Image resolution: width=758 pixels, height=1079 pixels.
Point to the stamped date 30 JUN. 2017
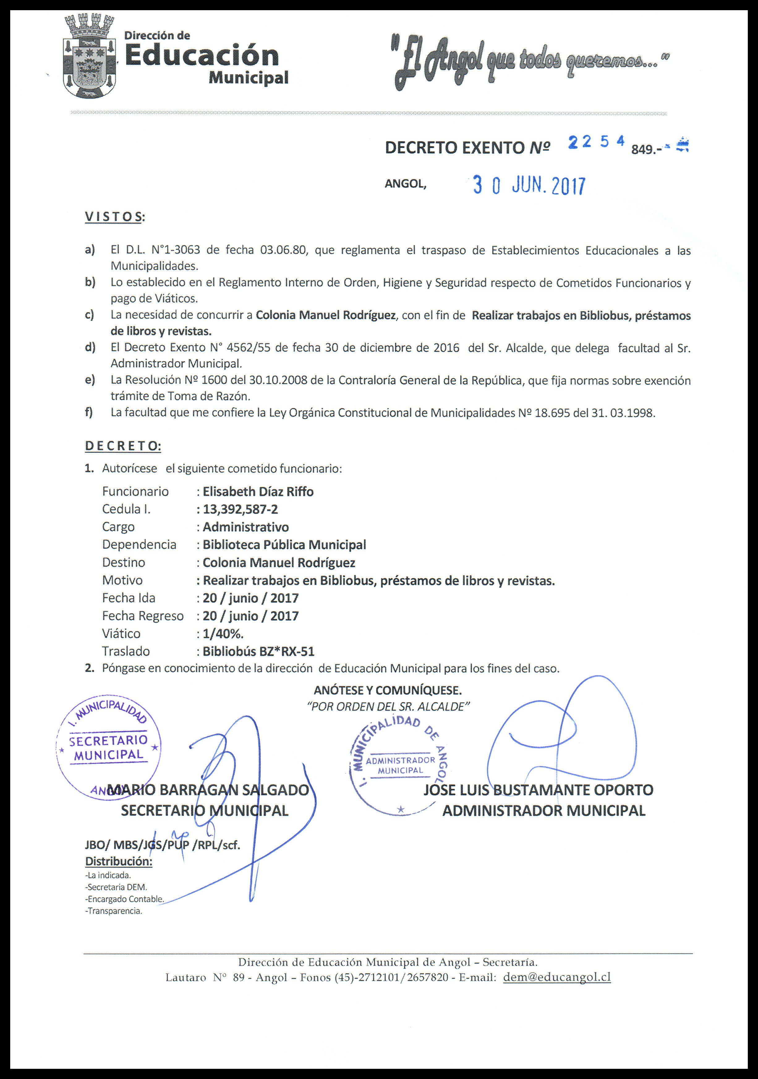pos(529,186)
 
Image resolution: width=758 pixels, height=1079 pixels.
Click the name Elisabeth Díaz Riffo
pos(258,492)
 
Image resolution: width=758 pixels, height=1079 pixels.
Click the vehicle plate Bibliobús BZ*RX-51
pos(258,651)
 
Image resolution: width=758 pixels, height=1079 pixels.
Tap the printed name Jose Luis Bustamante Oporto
pos(539,790)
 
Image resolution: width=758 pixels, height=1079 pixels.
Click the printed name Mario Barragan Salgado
pos(208,790)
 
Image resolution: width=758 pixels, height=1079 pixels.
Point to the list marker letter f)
pos(89,413)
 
